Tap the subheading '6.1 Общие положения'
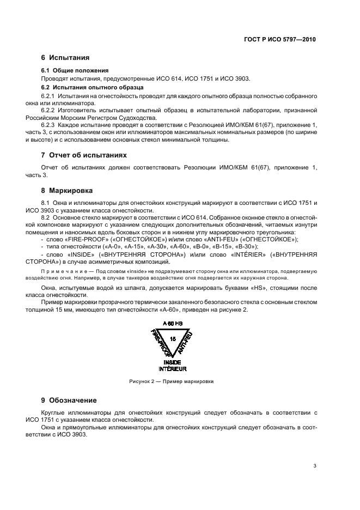pyautogui.click(x=75, y=70)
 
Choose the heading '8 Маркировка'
pyautogui.click(x=67, y=191)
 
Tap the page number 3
pyautogui.click(x=315, y=466)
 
